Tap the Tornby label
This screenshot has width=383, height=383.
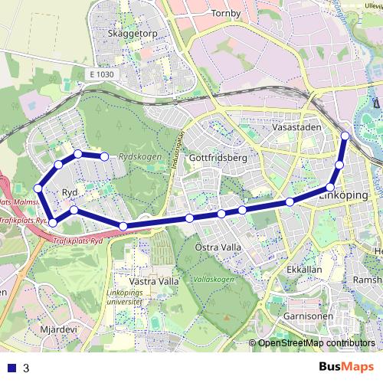(224, 13)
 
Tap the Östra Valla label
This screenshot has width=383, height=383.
(218, 247)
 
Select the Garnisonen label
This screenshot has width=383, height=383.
(306, 315)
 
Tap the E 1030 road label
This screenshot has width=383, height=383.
(100, 74)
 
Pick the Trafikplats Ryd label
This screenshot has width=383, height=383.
(78, 239)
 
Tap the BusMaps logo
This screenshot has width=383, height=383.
(346, 367)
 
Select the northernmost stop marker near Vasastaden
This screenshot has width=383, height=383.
(345, 136)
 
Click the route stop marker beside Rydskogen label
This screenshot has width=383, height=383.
(104, 156)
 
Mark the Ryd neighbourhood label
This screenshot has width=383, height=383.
(70, 192)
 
